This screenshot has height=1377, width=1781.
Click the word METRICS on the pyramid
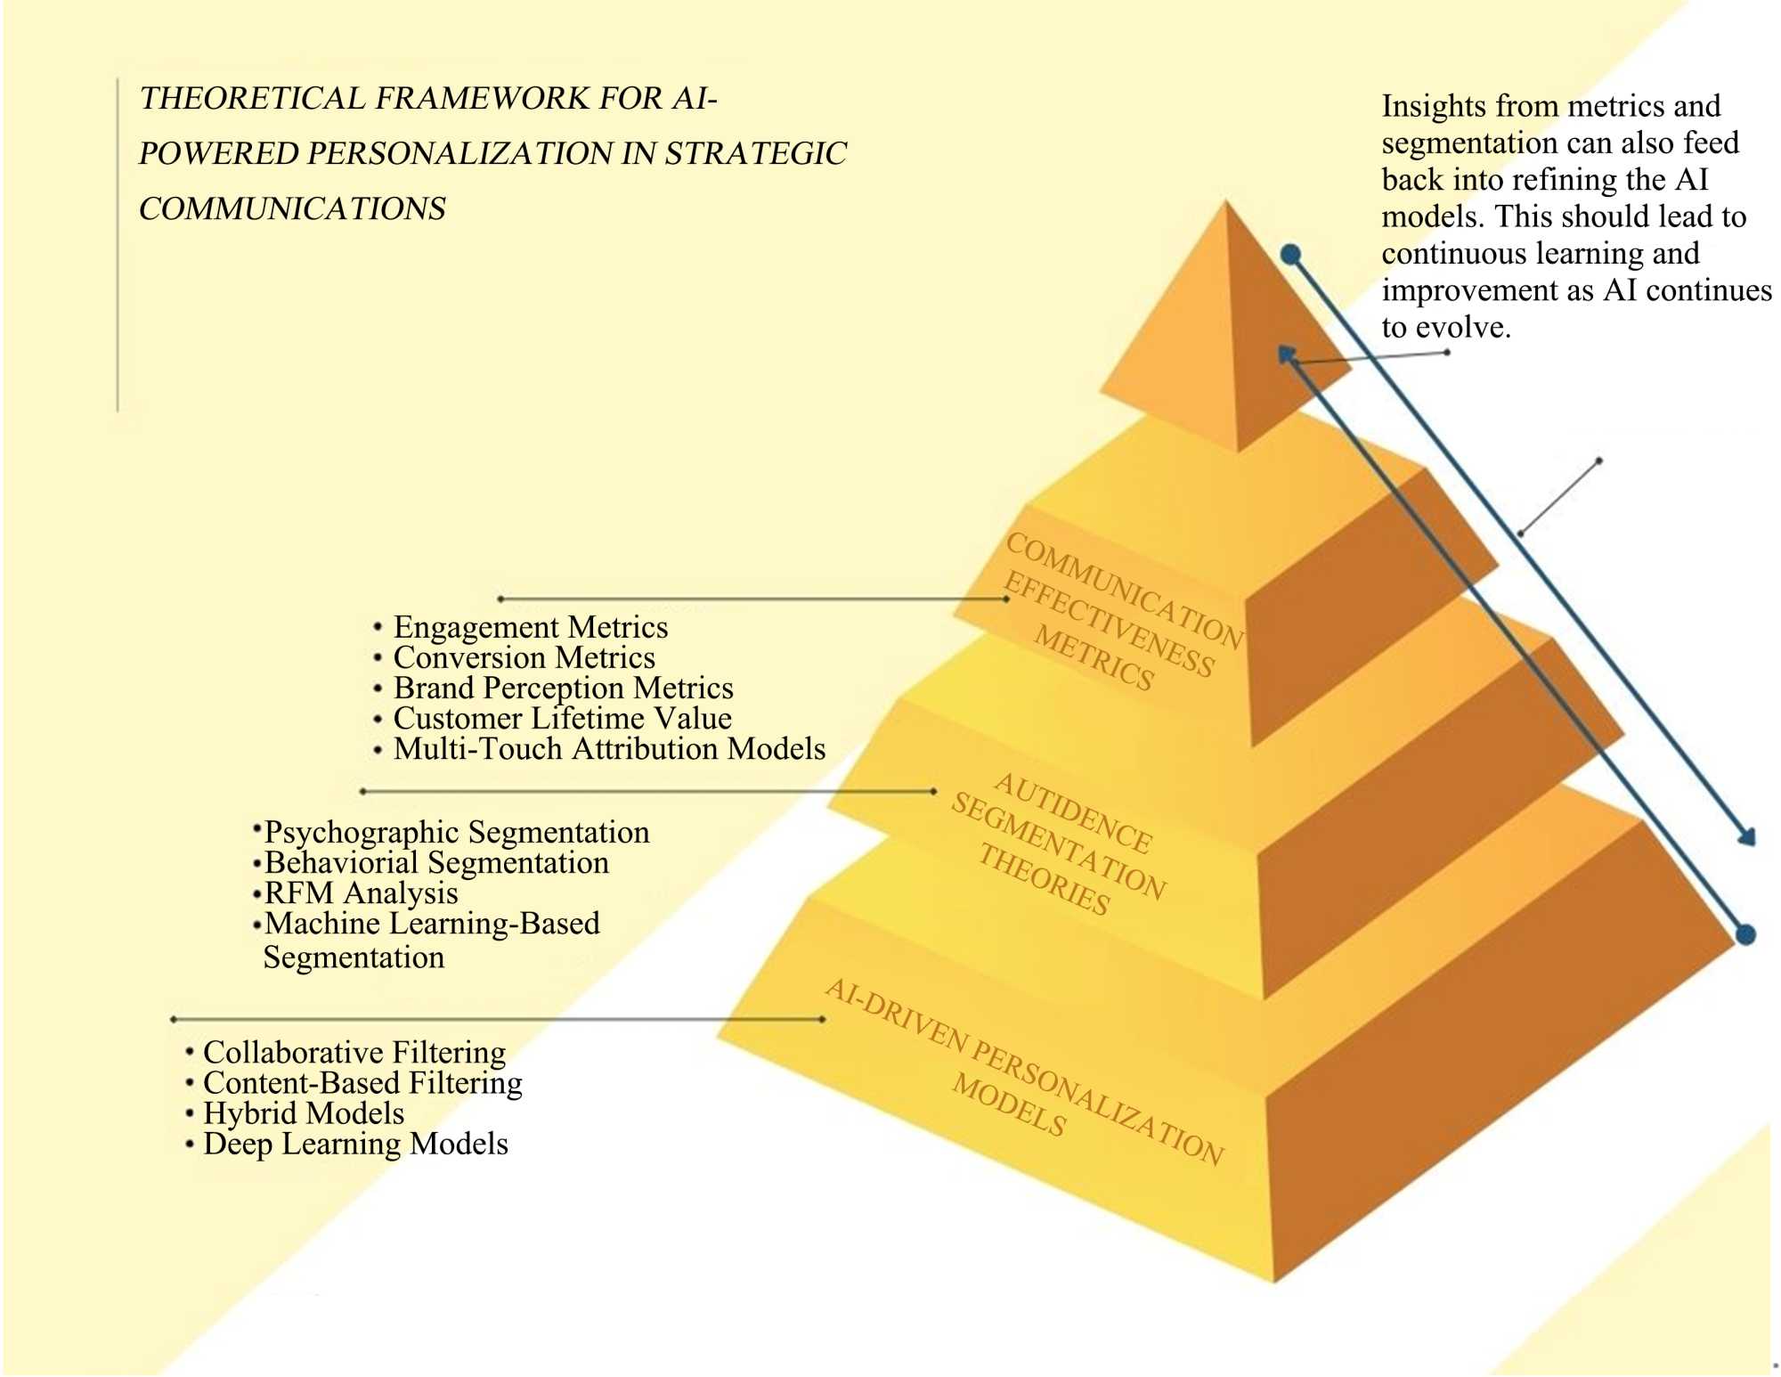1094,660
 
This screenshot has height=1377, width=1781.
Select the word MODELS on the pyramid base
1009,1104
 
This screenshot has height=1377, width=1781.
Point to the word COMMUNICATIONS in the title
292,209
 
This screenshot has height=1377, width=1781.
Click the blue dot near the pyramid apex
1291,255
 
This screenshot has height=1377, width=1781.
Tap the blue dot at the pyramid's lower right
1746,934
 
